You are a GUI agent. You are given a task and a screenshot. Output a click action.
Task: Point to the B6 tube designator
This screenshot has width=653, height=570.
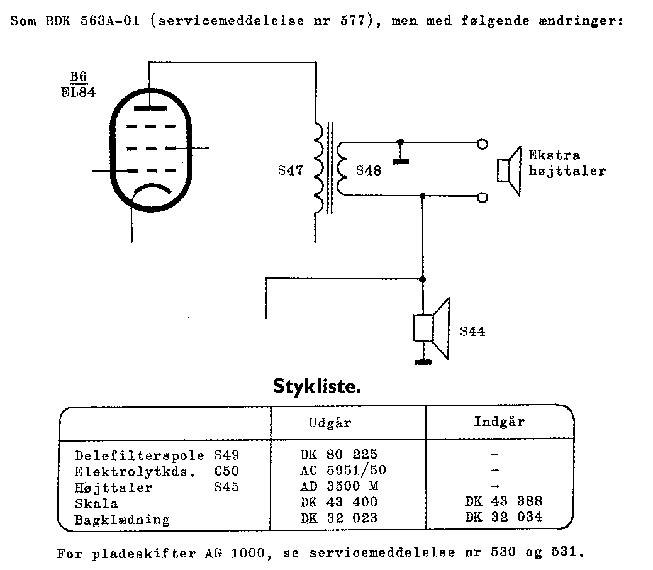78,77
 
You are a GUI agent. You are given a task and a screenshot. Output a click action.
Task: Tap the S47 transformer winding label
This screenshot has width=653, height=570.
290,170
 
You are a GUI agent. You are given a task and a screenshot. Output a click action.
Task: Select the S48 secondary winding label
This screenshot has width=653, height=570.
369,170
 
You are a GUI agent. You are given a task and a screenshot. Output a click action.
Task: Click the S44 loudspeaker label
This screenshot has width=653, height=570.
472,331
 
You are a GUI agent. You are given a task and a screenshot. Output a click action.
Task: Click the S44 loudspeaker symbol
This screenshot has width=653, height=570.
432,328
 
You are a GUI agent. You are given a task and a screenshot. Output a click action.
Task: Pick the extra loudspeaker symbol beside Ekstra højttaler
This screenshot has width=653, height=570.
509,171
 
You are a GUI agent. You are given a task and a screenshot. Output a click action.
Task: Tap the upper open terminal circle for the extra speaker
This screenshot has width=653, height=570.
483,143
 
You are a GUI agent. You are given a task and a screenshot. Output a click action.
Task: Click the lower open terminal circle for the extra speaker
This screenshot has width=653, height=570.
483,198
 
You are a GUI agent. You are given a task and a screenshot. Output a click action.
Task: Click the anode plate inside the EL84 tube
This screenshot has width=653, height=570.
151,108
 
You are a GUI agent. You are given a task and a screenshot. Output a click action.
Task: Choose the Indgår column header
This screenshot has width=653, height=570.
499,422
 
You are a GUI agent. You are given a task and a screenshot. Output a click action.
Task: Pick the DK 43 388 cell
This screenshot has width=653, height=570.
504,502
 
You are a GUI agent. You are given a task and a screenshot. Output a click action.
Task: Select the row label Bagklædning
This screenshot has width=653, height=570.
122,520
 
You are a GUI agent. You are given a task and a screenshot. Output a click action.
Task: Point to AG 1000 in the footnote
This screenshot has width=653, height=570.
228,554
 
